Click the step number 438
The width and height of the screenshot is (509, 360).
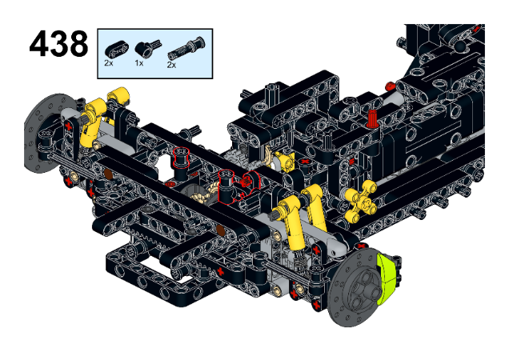click(x=58, y=44)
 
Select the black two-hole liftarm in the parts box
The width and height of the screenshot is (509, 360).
click(x=117, y=50)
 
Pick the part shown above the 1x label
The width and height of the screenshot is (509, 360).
click(x=148, y=49)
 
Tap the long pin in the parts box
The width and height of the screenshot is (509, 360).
click(x=186, y=49)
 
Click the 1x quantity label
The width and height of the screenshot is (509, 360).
click(x=139, y=63)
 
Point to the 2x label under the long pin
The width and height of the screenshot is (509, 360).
click(x=171, y=65)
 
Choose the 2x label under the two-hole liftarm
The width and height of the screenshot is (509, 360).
click(x=109, y=63)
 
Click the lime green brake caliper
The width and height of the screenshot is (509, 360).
click(x=387, y=279)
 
